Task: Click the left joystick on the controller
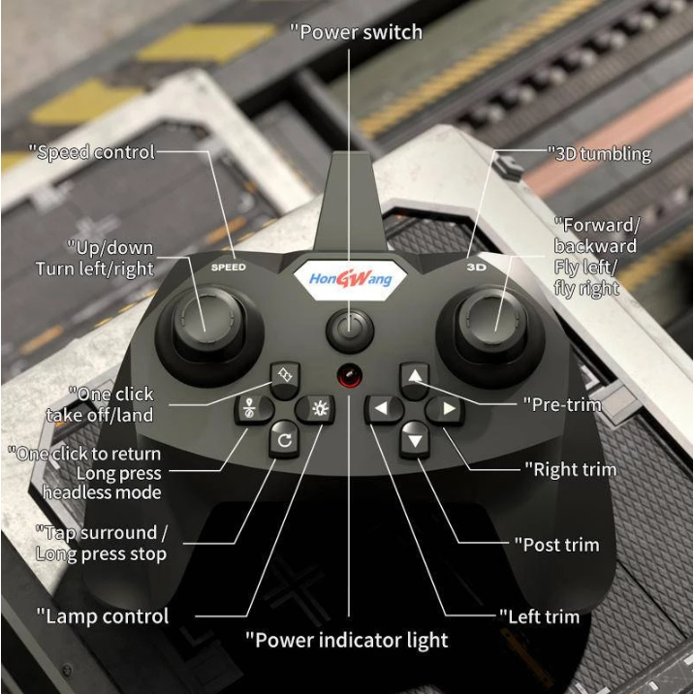(208, 324)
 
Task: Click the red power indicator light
(350, 376)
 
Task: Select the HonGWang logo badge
(350, 279)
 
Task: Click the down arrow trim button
(414, 439)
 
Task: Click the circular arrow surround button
(284, 439)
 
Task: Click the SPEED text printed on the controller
(229, 268)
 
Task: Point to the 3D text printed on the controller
(476, 268)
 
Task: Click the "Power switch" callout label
(357, 32)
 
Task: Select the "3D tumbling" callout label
(599, 154)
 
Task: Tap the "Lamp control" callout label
(102, 616)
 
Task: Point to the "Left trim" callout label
(539, 616)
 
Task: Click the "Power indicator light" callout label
(347, 641)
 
